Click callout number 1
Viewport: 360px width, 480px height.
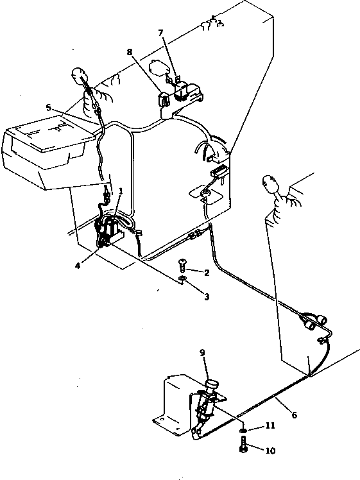click(119, 192)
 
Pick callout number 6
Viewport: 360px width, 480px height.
click(294, 415)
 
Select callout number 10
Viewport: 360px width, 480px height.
click(270, 450)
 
